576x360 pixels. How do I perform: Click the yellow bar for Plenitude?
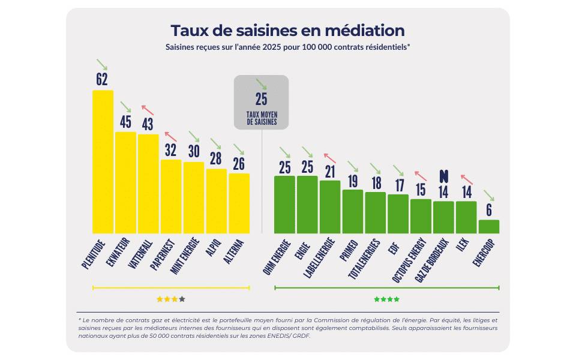(x=103, y=162)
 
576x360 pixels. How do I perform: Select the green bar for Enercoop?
(x=488, y=227)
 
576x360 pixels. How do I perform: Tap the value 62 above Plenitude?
(x=102, y=80)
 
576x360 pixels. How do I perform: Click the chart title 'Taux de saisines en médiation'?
(x=287, y=31)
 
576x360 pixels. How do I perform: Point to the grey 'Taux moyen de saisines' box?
(x=261, y=102)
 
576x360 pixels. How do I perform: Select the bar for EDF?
(x=398, y=214)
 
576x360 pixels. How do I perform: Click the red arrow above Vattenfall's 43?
(x=148, y=110)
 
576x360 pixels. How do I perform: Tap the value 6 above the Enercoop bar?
(x=489, y=210)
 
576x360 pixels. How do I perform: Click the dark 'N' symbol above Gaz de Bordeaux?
(x=443, y=176)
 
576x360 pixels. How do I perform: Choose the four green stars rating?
(x=386, y=299)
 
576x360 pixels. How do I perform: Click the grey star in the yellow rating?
(x=182, y=299)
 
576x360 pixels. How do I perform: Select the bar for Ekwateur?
(x=125, y=182)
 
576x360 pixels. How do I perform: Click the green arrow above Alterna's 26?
(x=239, y=149)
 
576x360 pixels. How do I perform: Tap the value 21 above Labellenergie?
(x=329, y=171)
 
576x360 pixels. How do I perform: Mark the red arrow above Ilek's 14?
(x=466, y=179)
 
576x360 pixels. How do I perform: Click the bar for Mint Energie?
(x=193, y=197)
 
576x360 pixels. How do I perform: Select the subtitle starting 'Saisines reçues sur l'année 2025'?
(x=287, y=47)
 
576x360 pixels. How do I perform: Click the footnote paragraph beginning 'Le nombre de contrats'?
(x=287, y=328)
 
